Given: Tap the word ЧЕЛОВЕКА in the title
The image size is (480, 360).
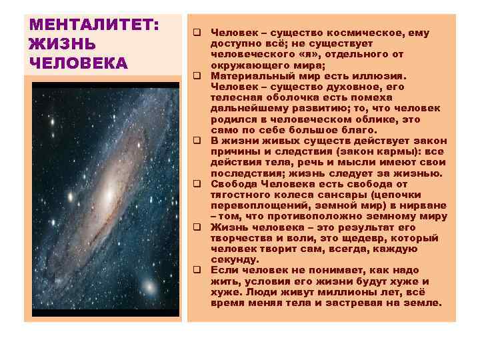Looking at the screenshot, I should point(79,63).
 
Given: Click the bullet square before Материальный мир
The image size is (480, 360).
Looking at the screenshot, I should point(198,76).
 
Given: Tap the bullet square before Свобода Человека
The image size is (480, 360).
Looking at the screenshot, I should point(198,184).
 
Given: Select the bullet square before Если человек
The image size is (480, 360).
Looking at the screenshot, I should point(198,271).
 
